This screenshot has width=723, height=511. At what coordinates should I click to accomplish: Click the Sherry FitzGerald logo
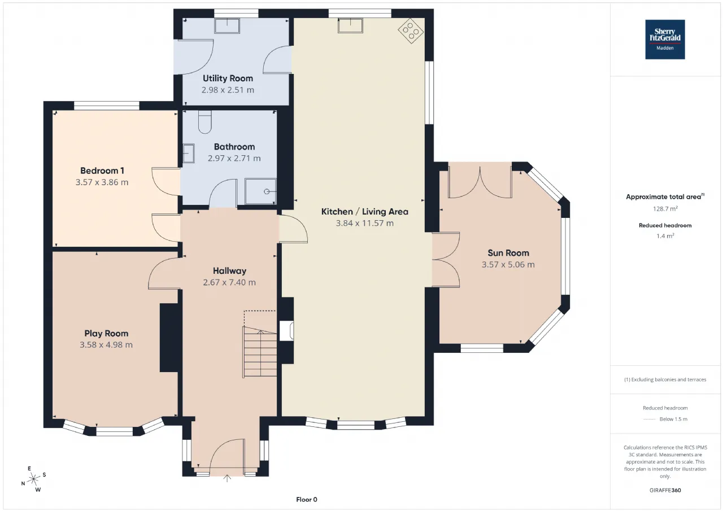665,40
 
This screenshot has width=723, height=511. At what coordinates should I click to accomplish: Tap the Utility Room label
228,78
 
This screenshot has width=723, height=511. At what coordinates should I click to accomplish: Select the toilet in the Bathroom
204,122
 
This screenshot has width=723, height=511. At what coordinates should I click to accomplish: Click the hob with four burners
411,31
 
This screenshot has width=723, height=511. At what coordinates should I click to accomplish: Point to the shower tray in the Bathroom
260,191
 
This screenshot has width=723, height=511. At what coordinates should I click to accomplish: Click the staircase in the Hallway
260,352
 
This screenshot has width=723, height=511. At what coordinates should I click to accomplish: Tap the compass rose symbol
33,479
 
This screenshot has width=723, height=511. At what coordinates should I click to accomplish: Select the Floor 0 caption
307,499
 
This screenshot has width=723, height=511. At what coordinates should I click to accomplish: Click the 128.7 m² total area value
665,209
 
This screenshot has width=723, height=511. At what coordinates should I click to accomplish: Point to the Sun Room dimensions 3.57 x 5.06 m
508,264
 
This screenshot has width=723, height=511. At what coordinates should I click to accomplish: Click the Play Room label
106,333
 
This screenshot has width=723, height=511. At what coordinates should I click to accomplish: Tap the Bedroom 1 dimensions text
102,182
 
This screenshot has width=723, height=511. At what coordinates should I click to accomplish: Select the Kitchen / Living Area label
365,212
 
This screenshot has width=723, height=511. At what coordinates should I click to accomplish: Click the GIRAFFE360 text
665,490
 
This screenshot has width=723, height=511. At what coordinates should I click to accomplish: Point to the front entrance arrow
227,478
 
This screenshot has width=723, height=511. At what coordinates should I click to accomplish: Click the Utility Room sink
227,25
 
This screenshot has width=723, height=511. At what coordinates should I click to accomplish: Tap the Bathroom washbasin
189,153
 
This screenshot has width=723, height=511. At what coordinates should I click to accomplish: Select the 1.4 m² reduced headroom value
665,236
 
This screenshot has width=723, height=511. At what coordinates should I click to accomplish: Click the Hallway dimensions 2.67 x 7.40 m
229,282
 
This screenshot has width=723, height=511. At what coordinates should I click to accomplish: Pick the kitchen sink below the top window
350,25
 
